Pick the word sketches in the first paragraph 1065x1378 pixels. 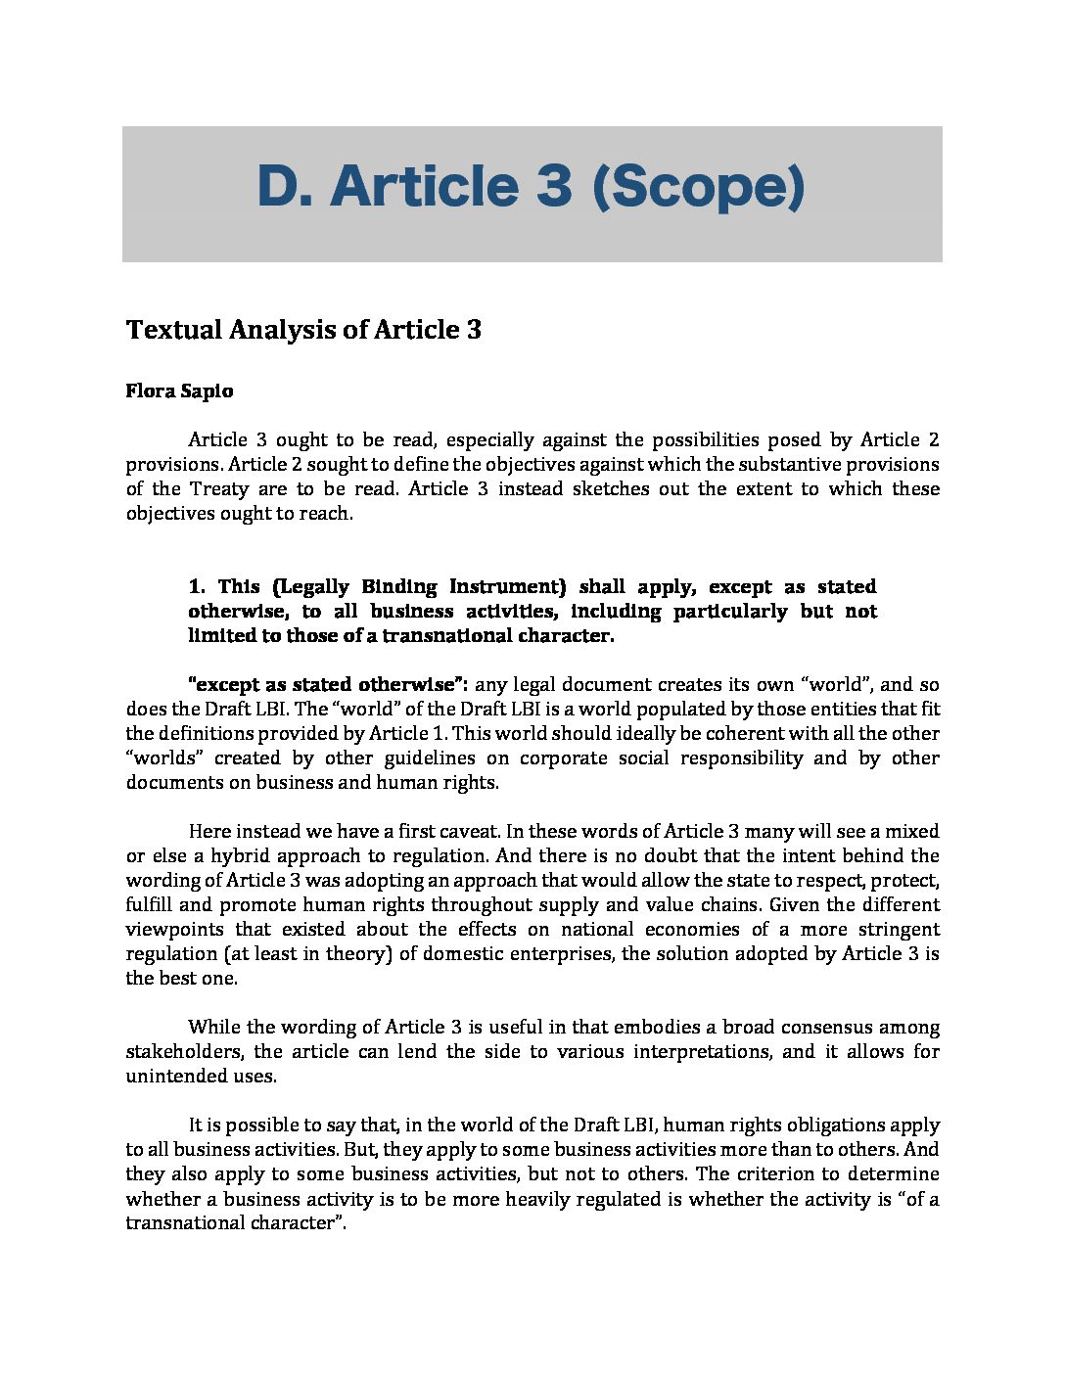[x=611, y=489]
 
